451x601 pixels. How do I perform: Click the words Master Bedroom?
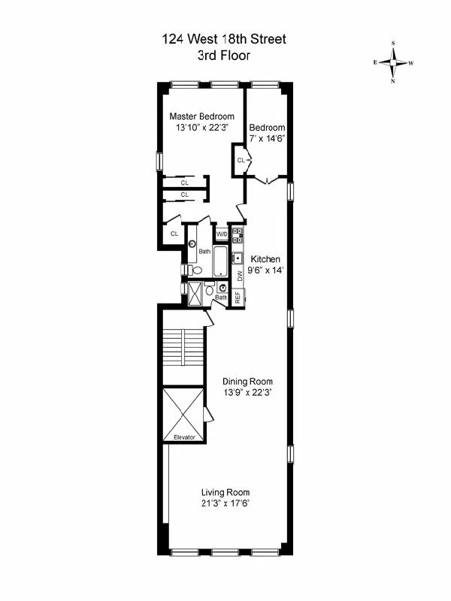pyautogui.click(x=201, y=116)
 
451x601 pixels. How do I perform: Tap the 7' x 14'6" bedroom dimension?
pyautogui.click(x=267, y=138)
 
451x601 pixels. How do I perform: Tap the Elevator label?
pyautogui.click(x=184, y=436)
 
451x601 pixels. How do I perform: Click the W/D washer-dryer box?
pyautogui.click(x=222, y=234)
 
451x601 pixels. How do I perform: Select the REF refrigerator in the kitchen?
pyautogui.click(x=238, y=297)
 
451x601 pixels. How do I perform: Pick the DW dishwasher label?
pyautogui.click(x=240, y=276)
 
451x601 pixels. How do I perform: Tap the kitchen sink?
pyautogui.click(x=238, y=258)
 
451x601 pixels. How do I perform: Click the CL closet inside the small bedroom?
pyautogui.click(x=242, y=160)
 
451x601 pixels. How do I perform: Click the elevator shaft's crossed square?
pyautogui.click(x=183, y=409)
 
